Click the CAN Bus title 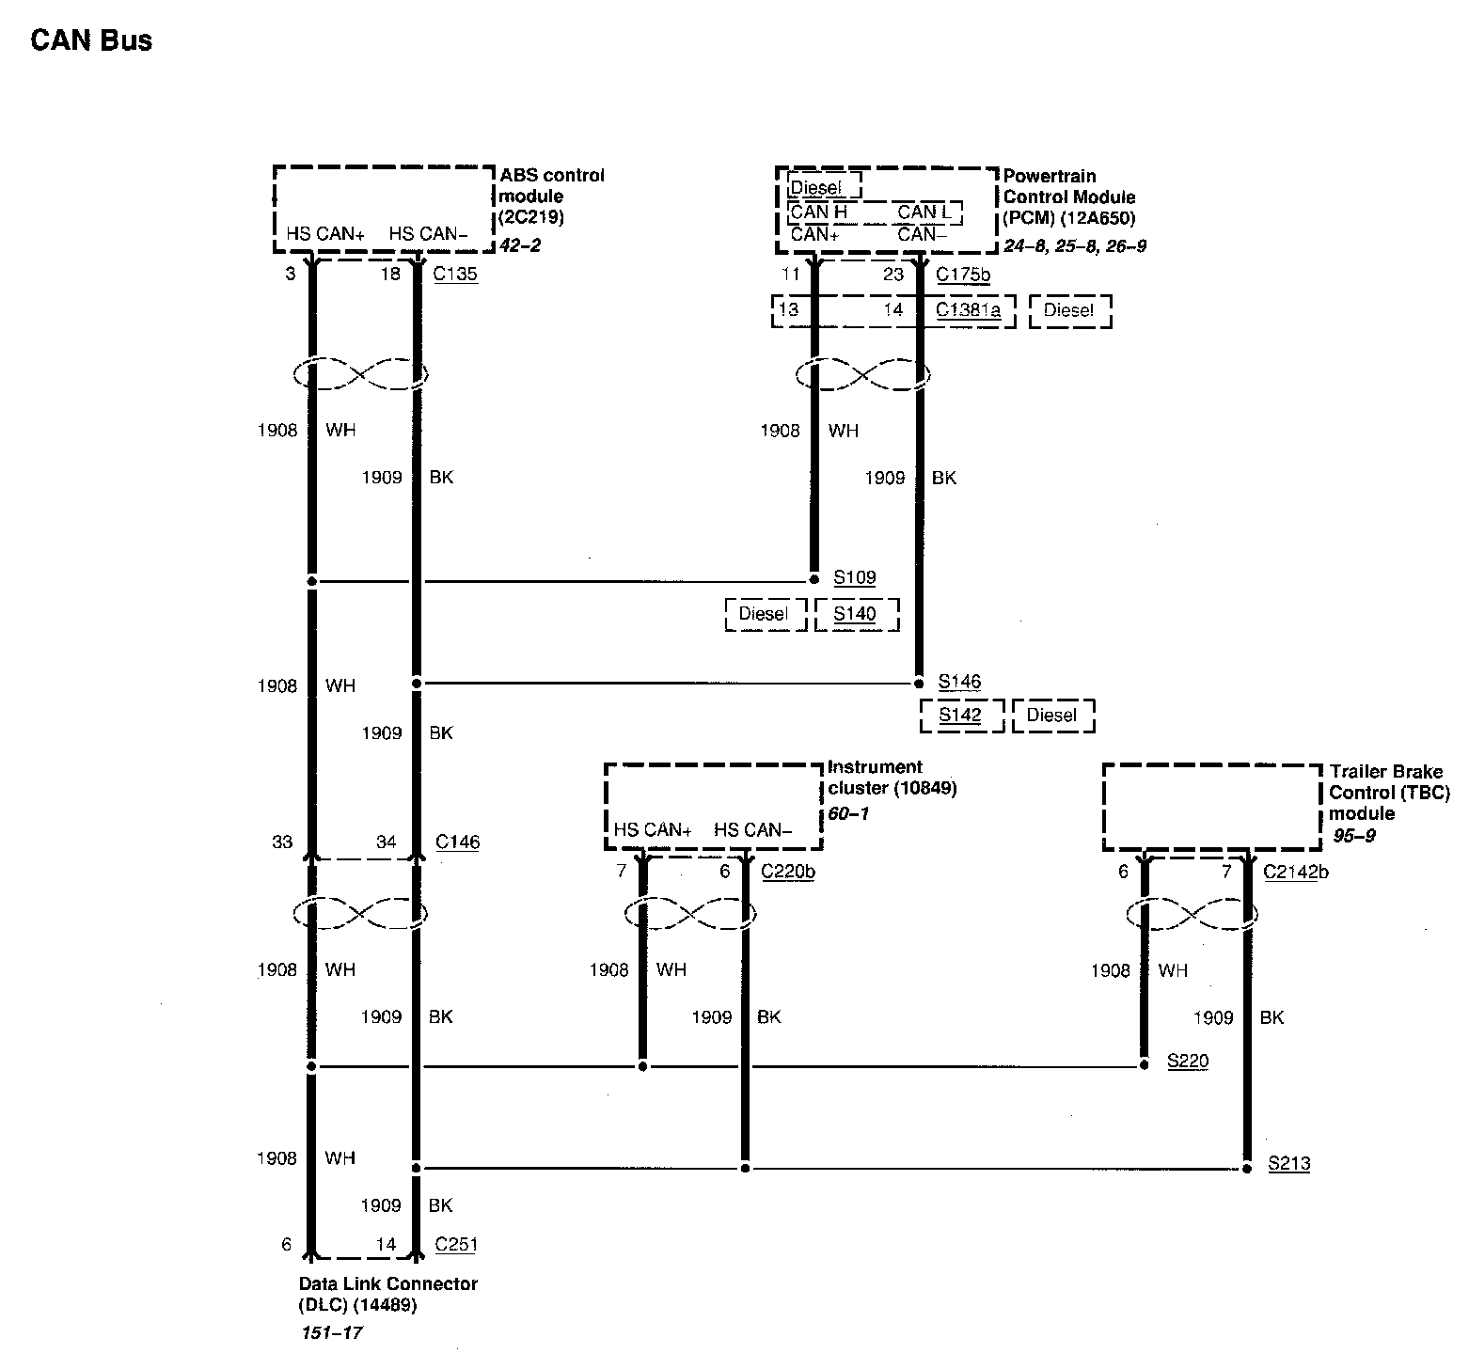tap(91, 40)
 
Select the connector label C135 tap(455, 275)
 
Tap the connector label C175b tap(962, 275)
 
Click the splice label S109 tap(854, 577)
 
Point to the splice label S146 tap(959, 682)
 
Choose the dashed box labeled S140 tap(856, 614)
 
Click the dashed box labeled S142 tap(960, 715)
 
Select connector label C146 tap(457, 842)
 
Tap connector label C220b tap(787, 872)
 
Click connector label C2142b tap(1295, 872)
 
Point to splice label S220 tap(1187, 1062)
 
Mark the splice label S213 tap(1288, 1164)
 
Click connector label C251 tap(456, 1244)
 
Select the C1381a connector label tap(968, 310)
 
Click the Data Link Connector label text tap(387, 1295)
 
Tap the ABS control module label tap(551, 197)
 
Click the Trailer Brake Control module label tap(1388, 793)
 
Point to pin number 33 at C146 tap(282, 842)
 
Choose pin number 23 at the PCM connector tap(892, 275)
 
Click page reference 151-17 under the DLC tap(331, 1333)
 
